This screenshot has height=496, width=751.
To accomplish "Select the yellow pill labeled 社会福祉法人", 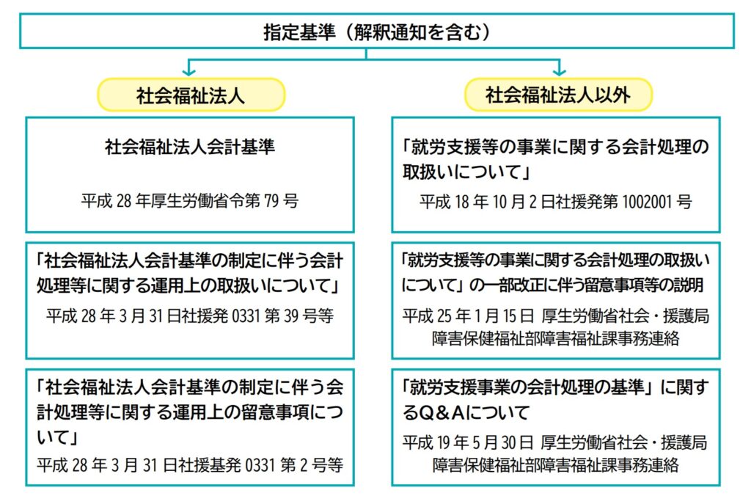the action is (x=191, y=95).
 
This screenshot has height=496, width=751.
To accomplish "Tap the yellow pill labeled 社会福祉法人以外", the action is (x=558, y=95).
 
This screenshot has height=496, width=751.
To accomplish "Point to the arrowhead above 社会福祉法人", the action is (x=189, y=72).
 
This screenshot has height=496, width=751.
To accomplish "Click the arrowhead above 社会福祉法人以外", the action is (x=559, y=72).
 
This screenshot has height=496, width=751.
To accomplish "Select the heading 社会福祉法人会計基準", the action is (x=190, y=147).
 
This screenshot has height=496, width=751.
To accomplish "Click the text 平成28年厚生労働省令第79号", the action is (x=190, y=200).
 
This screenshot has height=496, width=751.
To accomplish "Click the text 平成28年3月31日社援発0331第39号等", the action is (x=190, y=316).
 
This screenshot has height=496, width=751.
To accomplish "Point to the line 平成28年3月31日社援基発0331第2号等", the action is (x=190, y=465).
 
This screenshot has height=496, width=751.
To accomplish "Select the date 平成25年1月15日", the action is (x=468, y=316).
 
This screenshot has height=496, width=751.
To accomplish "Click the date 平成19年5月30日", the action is (x=467, y=442).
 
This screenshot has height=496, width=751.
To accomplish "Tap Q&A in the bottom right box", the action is (x=441, y=412).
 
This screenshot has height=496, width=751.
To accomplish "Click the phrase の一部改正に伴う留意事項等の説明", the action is (x=586, y=285).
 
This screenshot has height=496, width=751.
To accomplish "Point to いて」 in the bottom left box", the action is (x=57, y=437).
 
